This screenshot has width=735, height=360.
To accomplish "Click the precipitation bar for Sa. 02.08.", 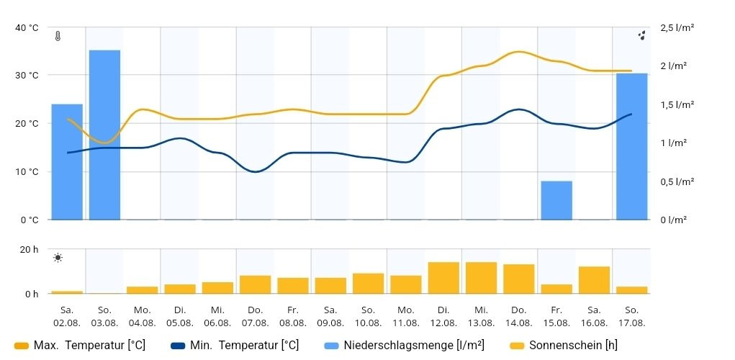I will coord(67,162).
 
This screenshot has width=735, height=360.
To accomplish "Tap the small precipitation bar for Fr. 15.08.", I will coord(556,200).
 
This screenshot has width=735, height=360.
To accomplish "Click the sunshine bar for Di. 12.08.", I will coord(443,278).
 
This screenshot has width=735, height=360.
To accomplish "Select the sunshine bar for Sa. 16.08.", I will coord(594,280).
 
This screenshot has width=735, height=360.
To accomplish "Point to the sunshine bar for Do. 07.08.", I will coord(255,284).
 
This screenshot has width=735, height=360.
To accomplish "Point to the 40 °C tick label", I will coord(27,27).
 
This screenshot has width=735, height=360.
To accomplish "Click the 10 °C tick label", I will coord(27,171).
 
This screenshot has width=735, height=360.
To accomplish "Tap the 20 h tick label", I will coord(30,250).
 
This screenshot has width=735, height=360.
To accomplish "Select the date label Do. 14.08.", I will coord(518,317).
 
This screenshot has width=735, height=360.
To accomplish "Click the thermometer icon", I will coord(58,36).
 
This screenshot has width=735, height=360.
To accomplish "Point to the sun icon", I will coord(58,258).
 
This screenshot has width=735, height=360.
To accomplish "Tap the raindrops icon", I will coord(641,35).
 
